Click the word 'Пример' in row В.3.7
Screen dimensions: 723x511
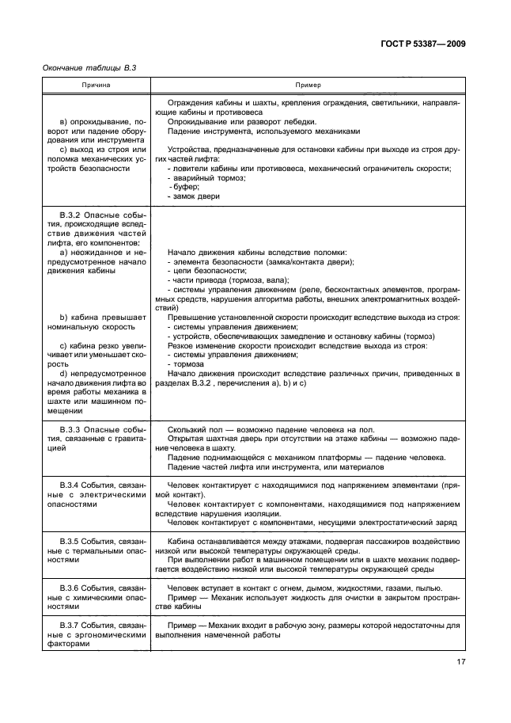183,626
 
